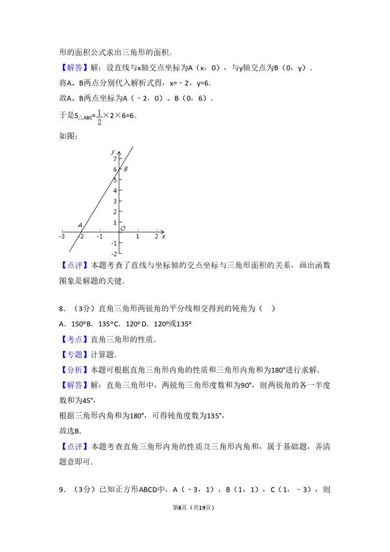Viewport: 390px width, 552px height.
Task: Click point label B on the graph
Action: [126, 169]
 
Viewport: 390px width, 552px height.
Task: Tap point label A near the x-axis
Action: [80, 225]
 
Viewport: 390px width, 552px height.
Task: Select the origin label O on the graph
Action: [122, 229]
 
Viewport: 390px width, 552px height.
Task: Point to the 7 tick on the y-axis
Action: [115, 159]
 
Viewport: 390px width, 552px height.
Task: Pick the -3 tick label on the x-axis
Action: [62, 237]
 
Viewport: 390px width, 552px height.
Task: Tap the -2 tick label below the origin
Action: [114, 254]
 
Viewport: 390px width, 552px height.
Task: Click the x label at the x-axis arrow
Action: [163, 235]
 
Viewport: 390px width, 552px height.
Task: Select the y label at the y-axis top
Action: [113, 150]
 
